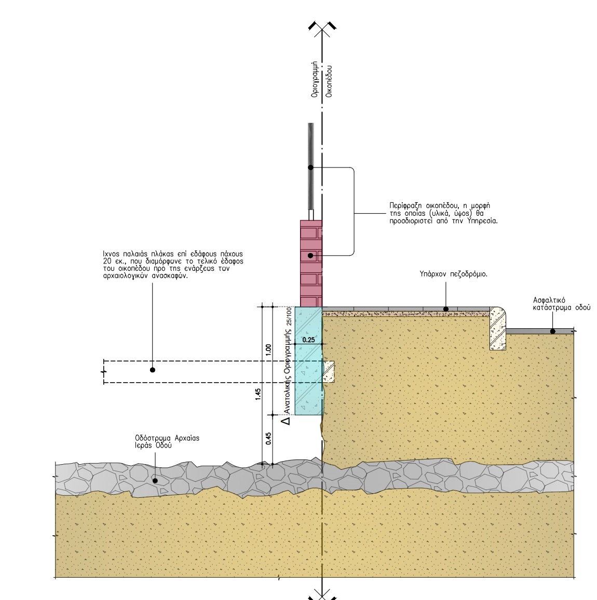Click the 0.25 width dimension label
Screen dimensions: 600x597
tap(308, 340)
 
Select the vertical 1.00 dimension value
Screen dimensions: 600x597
tap(268, 348)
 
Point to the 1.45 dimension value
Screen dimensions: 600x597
tap(258, 395)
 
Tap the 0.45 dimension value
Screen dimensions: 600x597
tap(268, 439)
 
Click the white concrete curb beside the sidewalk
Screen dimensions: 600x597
tap(497, 328)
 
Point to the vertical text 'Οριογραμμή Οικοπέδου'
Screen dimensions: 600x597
tap(321, 80)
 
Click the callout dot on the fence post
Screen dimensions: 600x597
tap(310, 168)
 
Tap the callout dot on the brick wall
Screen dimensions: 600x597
tap(310, 256)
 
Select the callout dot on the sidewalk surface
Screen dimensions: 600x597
tap(445, 309)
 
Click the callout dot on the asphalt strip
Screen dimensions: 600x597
tap(552, 331)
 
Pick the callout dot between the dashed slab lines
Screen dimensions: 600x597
tap(152, 370)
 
